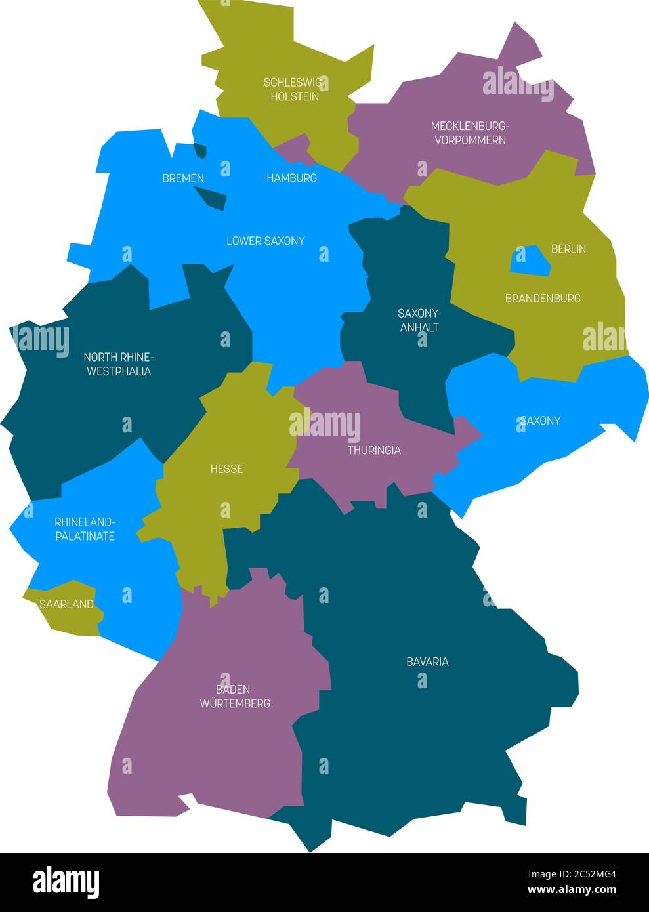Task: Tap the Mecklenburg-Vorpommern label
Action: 470,133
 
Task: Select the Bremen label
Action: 183,178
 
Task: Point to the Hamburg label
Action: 291,178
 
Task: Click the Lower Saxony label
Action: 265,241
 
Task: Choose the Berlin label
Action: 568,249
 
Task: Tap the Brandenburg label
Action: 543,298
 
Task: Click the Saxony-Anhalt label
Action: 419,320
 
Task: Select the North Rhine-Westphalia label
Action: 117,364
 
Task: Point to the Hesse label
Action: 226,468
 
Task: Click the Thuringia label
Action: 374,450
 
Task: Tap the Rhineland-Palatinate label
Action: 85,529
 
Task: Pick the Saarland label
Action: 66,604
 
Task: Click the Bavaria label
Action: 427,661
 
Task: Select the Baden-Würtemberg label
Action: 235,696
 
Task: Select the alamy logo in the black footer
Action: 66,882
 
